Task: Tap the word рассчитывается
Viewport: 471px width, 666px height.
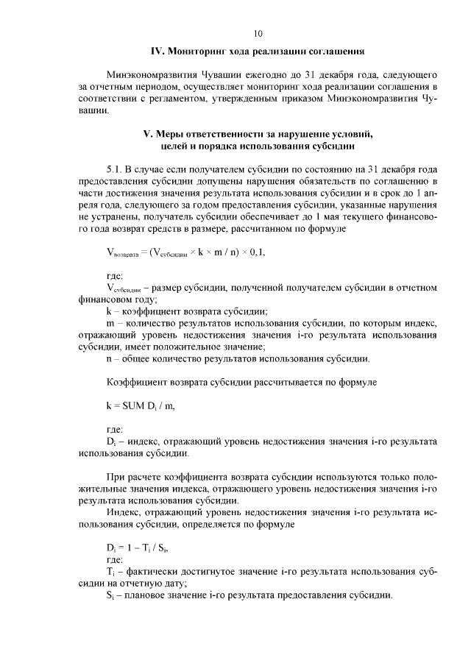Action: coord(279,383)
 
